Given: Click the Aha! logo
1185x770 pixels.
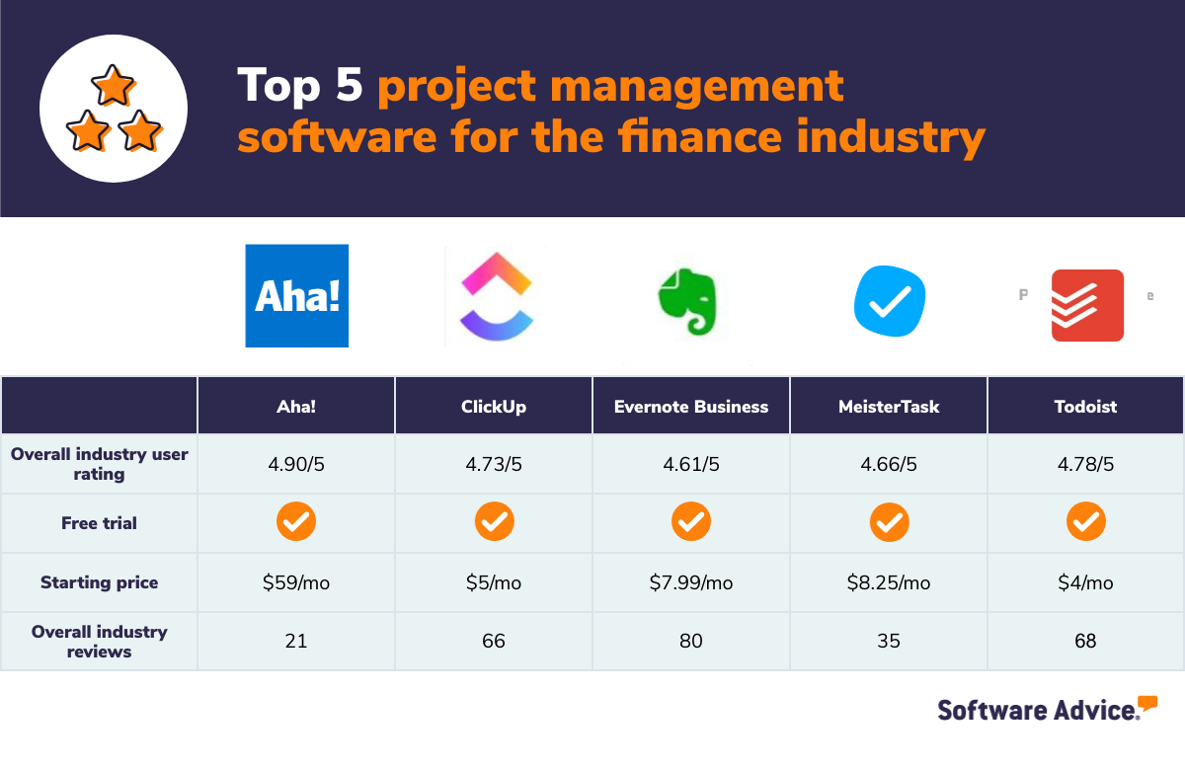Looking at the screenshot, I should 296,295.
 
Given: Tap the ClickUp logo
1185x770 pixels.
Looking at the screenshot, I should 496,295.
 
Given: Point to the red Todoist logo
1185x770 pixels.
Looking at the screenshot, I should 1087,305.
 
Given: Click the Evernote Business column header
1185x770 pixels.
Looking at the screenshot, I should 691,406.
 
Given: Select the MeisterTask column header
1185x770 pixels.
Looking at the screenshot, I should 889,406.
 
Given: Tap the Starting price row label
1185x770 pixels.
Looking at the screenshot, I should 99,582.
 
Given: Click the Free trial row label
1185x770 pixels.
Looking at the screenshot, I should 99,523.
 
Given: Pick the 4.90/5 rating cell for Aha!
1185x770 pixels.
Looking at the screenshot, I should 296,464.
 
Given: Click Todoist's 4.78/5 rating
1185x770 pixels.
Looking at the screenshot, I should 1085,464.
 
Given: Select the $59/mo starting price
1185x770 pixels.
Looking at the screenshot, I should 296,582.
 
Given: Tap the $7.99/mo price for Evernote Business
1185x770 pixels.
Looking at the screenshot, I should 691,582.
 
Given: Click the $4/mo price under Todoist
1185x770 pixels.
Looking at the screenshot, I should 1085,582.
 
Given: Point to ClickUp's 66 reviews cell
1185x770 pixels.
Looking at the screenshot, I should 494,642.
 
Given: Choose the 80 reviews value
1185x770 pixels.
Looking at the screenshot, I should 691,642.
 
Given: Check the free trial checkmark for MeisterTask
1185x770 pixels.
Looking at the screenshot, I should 889,522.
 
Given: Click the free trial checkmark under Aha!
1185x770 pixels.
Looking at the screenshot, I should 296,522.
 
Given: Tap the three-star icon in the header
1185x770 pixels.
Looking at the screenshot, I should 114,110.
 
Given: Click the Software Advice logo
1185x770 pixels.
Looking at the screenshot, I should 1047,709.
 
